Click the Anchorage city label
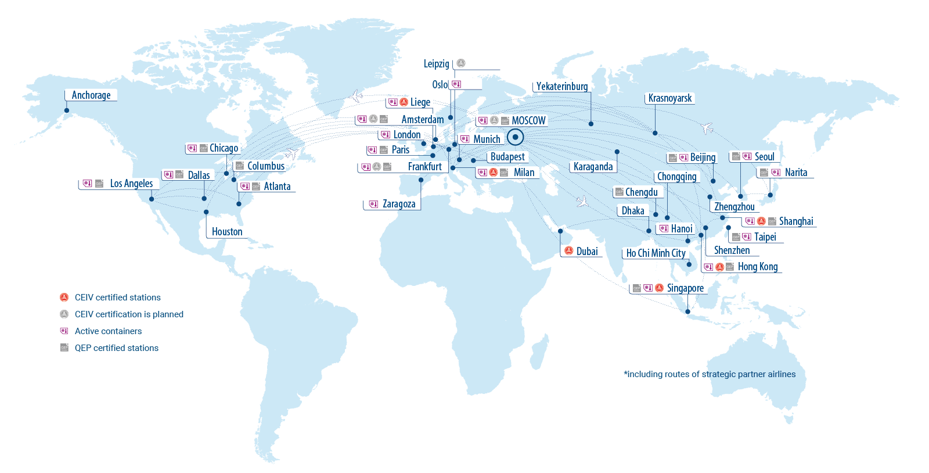[91, 95]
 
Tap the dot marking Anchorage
[67, 110]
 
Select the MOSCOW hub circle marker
[515, 137]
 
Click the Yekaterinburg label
[561, 87]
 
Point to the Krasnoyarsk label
[669, 98]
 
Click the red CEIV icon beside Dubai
[569, 251]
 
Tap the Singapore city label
[685, 288]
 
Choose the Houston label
[227, 232]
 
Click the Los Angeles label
[131, 184]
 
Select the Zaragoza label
[399, 204]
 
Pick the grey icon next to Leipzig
[460, 63]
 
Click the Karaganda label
[593, 167]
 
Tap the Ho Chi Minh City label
[656, 253]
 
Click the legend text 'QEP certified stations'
[117, 348]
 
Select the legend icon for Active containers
[64, 331]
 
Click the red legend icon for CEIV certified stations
[64, 298]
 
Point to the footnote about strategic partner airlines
[710, 374]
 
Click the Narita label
[795, 173]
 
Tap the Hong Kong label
[757, 267]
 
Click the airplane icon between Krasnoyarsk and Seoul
[707, 128]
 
